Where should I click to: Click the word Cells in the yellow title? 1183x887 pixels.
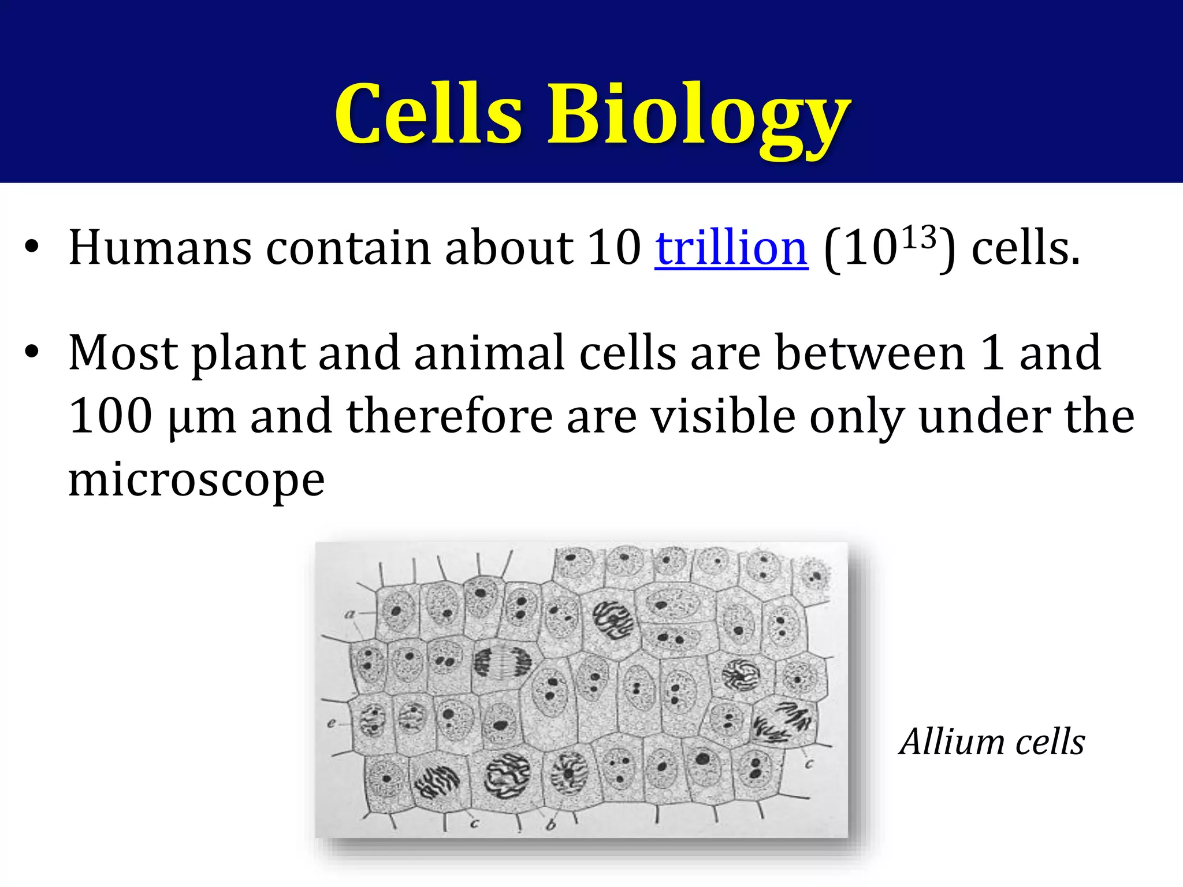pyautogui.click(x=429, y=114)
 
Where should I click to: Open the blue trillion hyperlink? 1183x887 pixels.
pyautogui.click(x=731, y=248)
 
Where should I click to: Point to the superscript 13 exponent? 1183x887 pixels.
pyautogui.click(x=918, y=237)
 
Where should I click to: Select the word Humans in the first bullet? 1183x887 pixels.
pyautogui.click(x=160, y=248)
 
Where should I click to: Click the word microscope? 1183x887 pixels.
pyautogui.click(x=196, y=480)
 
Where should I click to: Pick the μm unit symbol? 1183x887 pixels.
pyautogui.click(x=203, y=417)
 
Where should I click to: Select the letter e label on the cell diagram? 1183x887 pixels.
pyautogui.click(x=332, y=722)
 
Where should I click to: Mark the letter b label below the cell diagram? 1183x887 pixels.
pyautogui.click(x=550, y=825)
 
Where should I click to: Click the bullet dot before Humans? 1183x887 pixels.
pyautogui.click(x=32, y=248)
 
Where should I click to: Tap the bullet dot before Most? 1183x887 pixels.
pyautogui.click(x=32, y=353)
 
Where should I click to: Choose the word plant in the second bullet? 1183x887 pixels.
pyautogui.click(x=248, y=354)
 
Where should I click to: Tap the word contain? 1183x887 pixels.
pyautogui.click(x=348, y=248)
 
